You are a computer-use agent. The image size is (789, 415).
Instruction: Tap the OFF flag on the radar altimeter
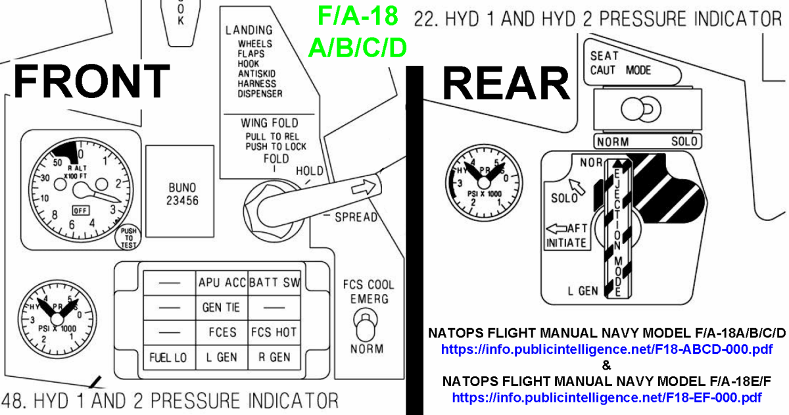point(80,210)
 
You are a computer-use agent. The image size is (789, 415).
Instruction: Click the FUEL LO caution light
point(168,357)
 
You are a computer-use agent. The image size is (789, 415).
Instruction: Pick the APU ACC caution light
point(222,283)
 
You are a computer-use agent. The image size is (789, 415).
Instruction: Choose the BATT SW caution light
point(275,283)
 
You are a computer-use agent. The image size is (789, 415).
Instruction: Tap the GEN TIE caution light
point(222,307)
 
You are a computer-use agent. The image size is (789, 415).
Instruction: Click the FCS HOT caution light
point(275,332)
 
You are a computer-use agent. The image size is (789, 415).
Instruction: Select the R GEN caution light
point(275,357)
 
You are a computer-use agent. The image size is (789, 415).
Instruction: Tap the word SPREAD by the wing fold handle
point(356,217)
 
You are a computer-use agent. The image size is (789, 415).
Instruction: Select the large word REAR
point(506,84)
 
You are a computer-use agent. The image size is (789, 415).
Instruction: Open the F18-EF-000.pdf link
point(607,397)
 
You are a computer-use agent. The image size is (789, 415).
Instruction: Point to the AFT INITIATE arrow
point(557,229)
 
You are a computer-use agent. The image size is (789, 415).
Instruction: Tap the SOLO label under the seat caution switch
point(684,141)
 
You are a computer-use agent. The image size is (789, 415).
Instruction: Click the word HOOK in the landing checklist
point(248,64)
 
